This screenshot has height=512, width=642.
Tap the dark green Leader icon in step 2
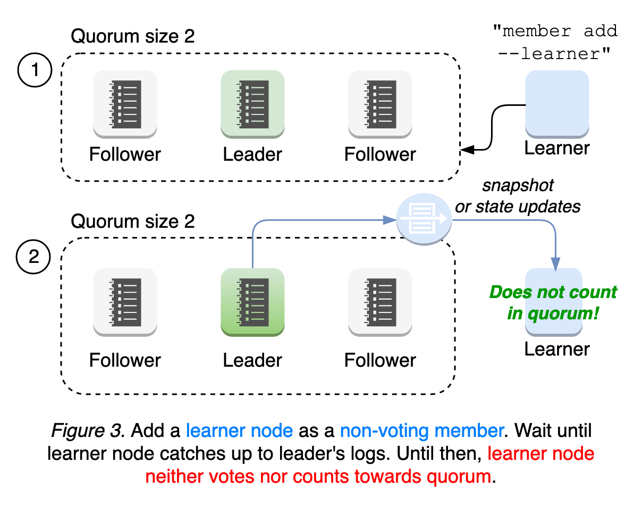tap(252, 302)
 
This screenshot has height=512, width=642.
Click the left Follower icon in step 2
tap(125, 302)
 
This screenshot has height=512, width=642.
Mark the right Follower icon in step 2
tap(380, 302)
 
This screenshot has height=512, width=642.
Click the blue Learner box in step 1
tap(556, 104)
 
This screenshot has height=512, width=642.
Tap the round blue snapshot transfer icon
tap(424, 219)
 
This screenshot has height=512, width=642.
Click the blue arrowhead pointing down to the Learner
tap(555, 263)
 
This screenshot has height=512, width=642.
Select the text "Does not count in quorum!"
tap(553, 302)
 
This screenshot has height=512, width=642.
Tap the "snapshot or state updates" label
tap(518, 196)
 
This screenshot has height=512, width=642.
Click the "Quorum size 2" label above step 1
tap(133, 36)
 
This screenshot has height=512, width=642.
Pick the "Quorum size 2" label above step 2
tap(133, 221)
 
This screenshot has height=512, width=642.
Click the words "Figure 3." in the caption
tap(88, 430)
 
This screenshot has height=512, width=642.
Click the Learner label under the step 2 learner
tap(556, 349)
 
